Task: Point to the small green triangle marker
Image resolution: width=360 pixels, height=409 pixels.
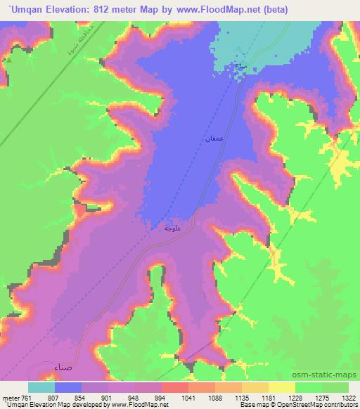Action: [10, 60]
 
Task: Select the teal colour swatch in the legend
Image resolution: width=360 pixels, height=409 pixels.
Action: [41, 387]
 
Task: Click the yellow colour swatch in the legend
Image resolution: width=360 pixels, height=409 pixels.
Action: [282, 387]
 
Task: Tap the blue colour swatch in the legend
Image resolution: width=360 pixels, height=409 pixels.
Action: [68, 387]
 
